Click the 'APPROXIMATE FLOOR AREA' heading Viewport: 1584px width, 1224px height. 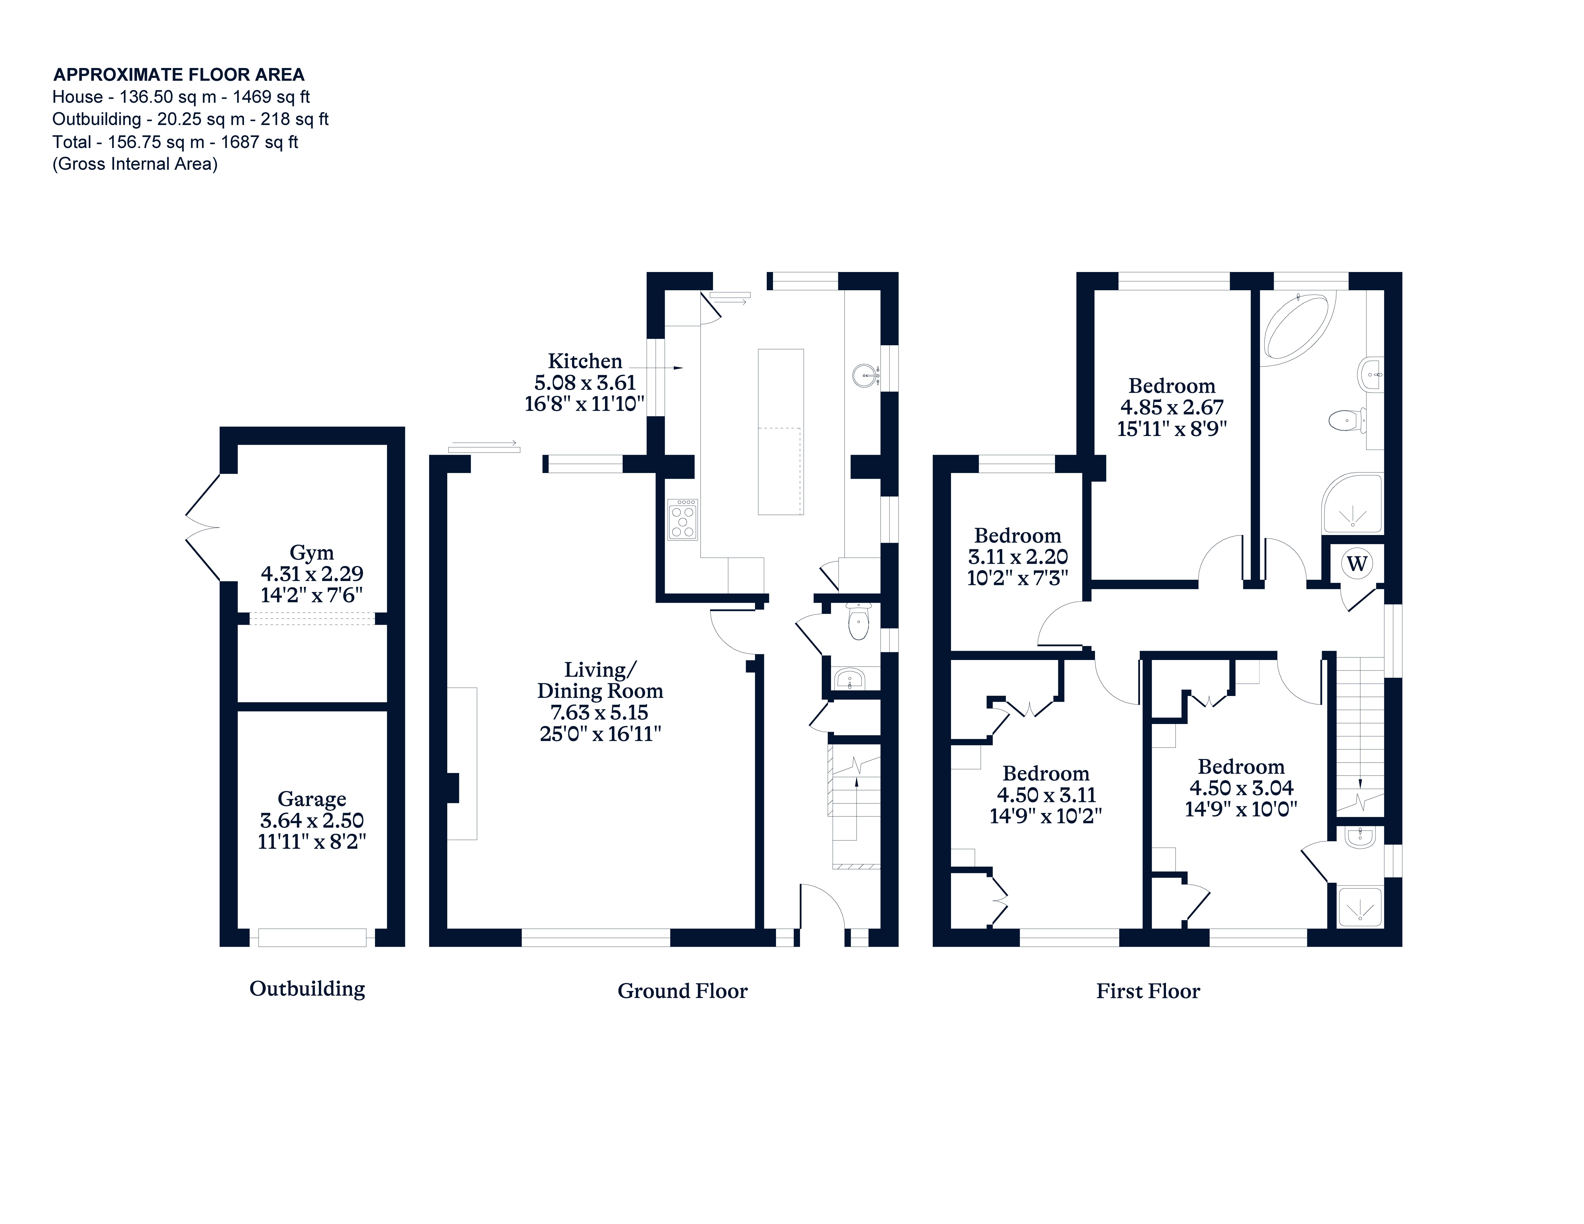pos(179,75)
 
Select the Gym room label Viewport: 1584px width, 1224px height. pos(312,552)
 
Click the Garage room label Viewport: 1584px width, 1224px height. pos(312,799)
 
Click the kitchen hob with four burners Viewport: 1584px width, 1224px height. pos(682,519)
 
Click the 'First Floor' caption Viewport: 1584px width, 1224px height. pos(1148,991)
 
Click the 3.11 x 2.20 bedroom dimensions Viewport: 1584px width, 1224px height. pos(1017,557)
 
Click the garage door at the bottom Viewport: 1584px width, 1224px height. pos(312,937)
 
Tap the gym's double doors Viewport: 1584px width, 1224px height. pos(204,527)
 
